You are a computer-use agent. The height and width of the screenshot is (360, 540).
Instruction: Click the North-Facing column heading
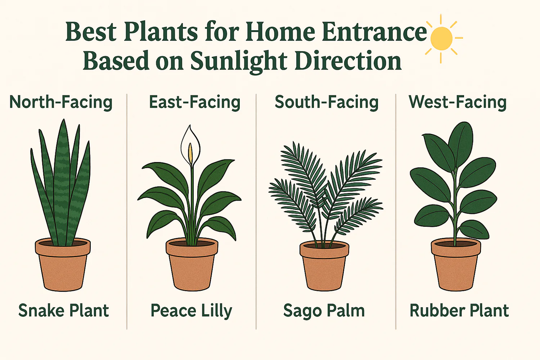[61, 103]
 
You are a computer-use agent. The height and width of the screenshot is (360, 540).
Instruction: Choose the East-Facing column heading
[194, 103]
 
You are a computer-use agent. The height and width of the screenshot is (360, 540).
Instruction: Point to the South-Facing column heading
[327, 103]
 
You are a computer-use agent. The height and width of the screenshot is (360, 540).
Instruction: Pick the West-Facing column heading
[458, 103]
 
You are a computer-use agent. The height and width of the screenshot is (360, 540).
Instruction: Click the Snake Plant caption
[64, 311]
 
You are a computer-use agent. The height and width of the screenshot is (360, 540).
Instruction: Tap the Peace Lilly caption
[191, 311]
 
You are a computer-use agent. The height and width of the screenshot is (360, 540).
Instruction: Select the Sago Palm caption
[324, 311]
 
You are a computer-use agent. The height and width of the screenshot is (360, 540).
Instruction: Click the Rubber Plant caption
[459, 311]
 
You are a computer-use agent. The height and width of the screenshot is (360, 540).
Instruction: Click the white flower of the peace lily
[190, 146]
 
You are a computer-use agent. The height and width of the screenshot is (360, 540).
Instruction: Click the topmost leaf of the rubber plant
[461, 141]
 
